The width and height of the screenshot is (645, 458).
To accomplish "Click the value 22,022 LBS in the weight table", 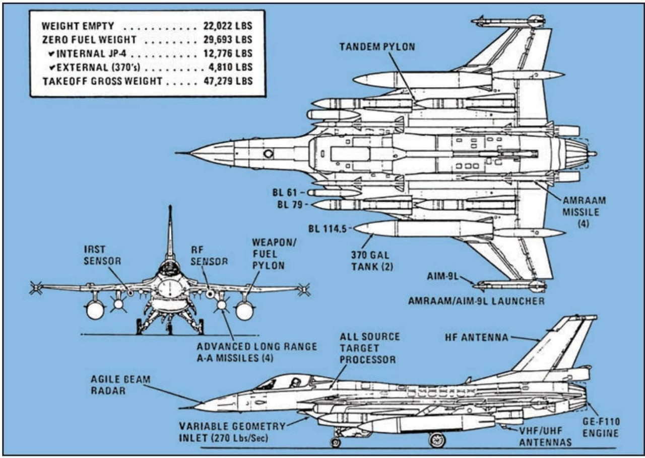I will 227,26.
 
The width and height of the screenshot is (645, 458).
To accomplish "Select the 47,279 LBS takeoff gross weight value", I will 227,81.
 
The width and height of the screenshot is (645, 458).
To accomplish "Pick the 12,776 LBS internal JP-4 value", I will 227,53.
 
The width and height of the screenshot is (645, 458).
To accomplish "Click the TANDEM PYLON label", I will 377,47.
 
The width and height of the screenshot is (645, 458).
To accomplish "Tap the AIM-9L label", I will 441,276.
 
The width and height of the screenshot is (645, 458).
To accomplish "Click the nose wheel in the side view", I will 335,442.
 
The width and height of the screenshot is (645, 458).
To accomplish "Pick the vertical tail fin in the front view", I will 170,232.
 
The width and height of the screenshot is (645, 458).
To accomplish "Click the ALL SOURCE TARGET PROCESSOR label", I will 367,348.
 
